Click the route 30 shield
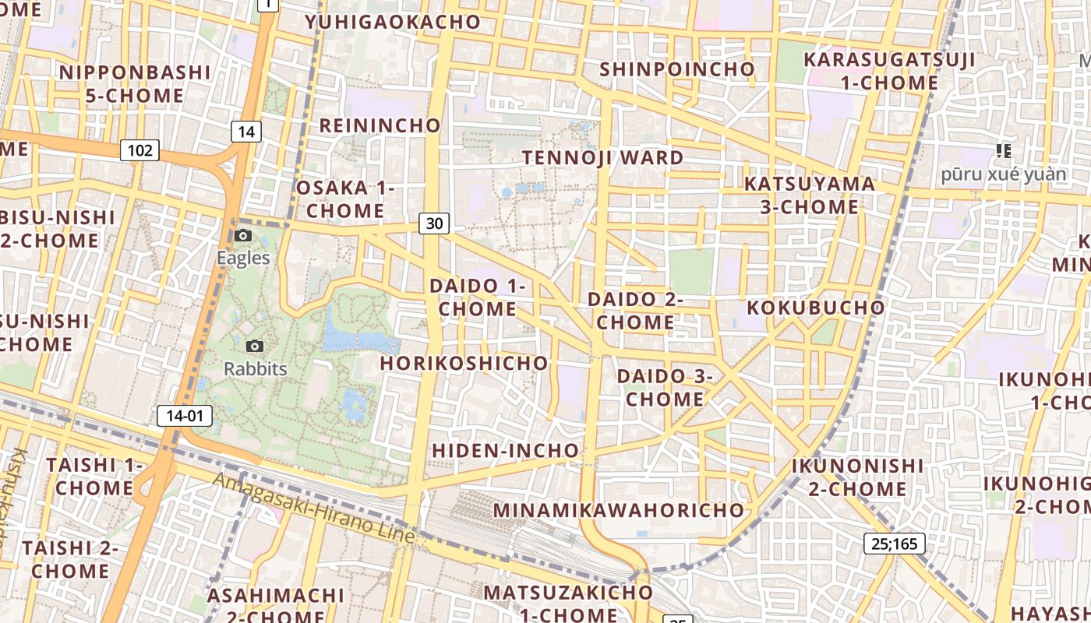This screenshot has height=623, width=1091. pyautogui.click(x=434, y=224)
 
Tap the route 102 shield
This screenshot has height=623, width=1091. pyautogui.click(x=139, y=150)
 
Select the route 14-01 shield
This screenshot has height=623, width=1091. pyautogui.click(x=185, y=416)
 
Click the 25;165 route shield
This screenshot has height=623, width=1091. pyautogui.click(x=894, y=543)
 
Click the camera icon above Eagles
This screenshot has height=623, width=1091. pyautogui.click(x=243, y=235)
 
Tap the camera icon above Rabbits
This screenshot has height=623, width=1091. pyautogui.click(x=254, y=346)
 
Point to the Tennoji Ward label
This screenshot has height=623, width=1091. pyautogui.click(x=602, y=157)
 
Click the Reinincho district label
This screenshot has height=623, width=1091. pyautogui.click(x=380, y=125)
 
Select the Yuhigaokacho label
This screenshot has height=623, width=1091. pyautogui.click(x=393, y=22)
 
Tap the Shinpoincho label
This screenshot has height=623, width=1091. pyautogui.click(x=677, y=69)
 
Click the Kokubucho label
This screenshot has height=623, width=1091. pyautogui.click(x=816, y=307)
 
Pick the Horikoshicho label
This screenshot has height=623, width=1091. pyautogui.click(x=464, y=363)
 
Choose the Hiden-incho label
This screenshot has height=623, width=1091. pyautogui.click(x=506, y=450)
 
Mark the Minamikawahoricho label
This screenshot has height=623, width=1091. pyautogui.click(x=619, y=510)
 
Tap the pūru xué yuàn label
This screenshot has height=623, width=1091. pyautogui.click(x=1003, y=174)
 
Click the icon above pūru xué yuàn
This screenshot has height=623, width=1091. pyautogui.click(x=1003, y=150)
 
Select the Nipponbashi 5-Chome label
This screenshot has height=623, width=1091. pyautogui.click(x=135, y=84)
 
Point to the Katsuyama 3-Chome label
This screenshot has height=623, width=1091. pyautogui.click(x=809, y=195)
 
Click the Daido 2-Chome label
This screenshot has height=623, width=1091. pyautogui.click(x=635, y=311)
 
